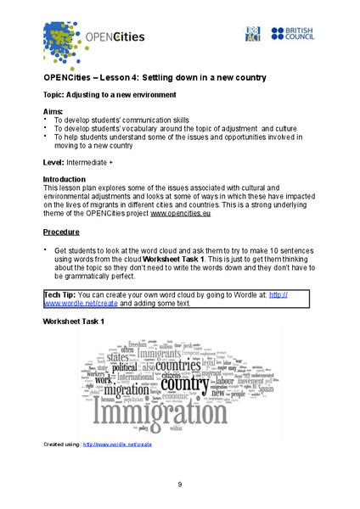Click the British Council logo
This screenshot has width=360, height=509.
[x=294, y=33]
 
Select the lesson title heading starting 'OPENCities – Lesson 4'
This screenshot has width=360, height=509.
[x=154, y=77]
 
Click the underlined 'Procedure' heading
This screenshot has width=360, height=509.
[x=61, y=231]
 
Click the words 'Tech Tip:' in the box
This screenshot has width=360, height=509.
[x=64, y=294]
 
